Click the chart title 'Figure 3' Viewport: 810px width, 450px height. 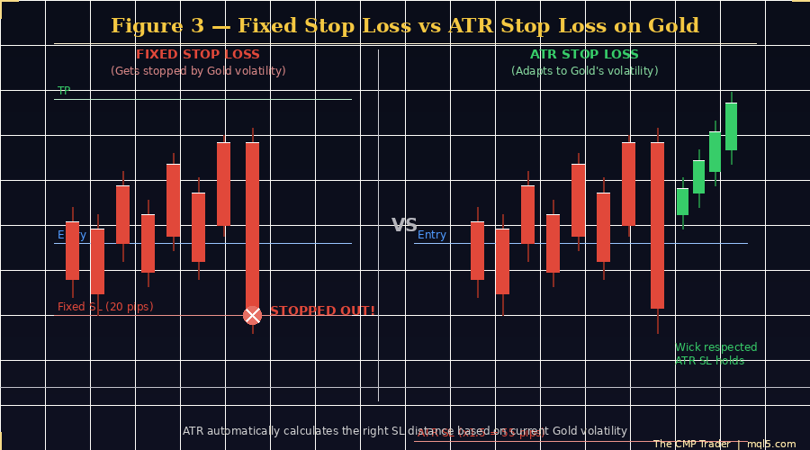404,26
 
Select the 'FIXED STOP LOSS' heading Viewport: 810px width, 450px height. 198,55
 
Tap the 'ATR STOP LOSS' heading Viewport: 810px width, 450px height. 584,55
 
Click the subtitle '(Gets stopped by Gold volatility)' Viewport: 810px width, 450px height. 198,71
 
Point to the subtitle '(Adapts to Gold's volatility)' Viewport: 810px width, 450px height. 584,71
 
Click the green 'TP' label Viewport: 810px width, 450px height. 64,91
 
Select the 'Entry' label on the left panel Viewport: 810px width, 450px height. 72,235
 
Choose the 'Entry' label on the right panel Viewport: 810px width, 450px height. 432,235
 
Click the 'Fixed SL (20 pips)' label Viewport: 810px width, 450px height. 105,307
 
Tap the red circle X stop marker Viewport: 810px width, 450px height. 252,315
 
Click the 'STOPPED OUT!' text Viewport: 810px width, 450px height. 322,311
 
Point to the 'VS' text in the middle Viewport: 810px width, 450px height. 404,225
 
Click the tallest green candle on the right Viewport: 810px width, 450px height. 731,126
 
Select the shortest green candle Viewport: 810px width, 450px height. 682,202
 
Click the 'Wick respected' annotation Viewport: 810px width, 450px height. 715,347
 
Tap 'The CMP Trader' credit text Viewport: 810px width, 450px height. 691,444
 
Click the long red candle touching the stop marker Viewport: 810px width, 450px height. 252,225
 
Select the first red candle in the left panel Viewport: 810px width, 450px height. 72,250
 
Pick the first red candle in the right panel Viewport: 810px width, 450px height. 477,250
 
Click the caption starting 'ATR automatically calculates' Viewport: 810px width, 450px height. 404,431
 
